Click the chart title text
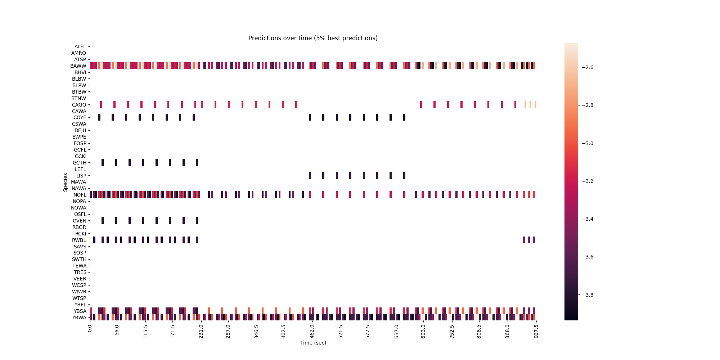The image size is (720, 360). tap(313, 38)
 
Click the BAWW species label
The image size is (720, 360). tap(78, 66)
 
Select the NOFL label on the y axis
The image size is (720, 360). tap(79, 195)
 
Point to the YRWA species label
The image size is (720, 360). tap(79, 318)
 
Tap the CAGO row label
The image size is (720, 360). tap(79, 105)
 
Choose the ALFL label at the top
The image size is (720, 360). tap(80, 46)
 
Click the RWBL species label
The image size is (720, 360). tap(79, 240)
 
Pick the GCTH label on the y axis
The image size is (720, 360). tap(80, 163)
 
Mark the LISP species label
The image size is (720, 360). tap(81, 176)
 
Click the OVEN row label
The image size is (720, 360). tap(80, 221)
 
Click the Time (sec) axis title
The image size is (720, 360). tap(313, 343)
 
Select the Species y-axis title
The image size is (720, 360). tap(66, 182)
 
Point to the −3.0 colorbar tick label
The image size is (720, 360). tap(586, 143)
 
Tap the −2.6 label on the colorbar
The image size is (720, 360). tap(586, 67)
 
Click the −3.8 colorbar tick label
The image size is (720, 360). tap(586, 295)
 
